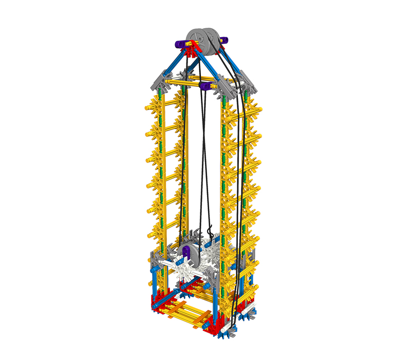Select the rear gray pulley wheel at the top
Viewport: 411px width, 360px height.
click(214, 40)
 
